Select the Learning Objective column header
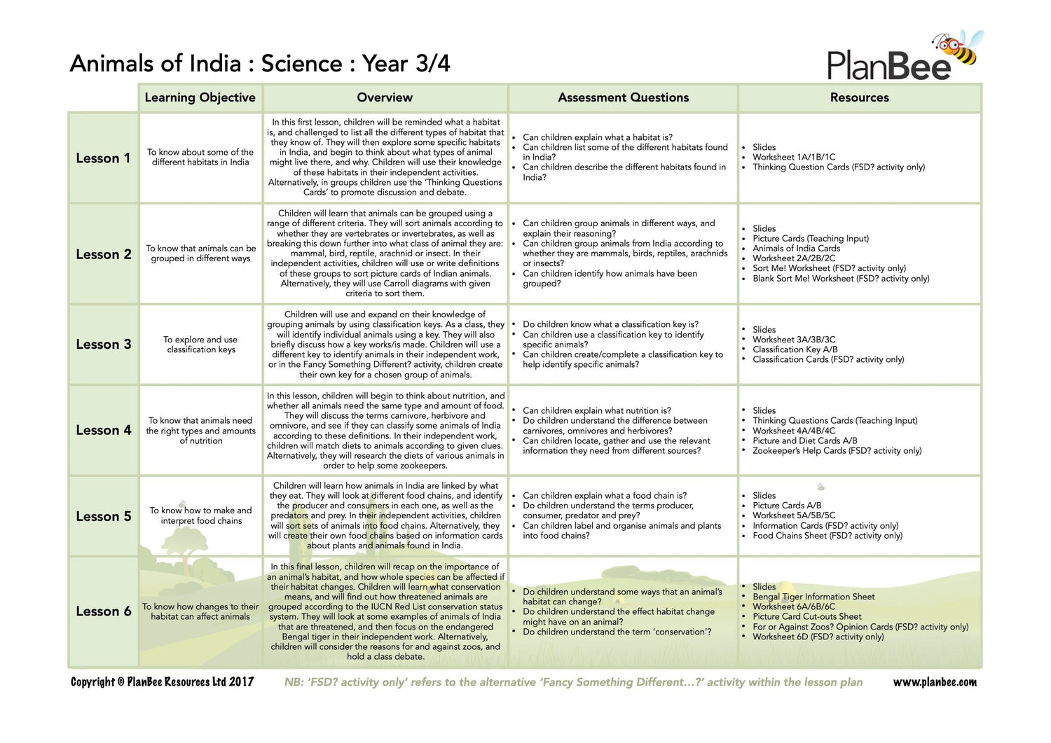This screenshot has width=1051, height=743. click(x=200, y=98)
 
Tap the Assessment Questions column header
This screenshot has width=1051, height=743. click(x=623, y=98)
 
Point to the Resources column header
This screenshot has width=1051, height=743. click(x=859, y=98)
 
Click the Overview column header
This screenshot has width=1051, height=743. click(x=385, y=98)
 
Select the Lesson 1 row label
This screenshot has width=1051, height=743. click(x=103, y=158)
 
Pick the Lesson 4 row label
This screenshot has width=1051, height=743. click(x=103, y=431)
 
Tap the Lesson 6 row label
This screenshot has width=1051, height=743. click(x=103, y=611)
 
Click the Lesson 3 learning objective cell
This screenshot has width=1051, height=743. click(x=201, y=345)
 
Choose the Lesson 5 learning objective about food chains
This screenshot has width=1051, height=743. click(x=201, y=515)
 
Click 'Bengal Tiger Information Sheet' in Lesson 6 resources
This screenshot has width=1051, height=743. click(x=813, y=597)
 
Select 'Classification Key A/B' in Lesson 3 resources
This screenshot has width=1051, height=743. click(x=795, y=349)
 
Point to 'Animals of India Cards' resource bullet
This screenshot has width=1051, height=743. click(x=796, y=248)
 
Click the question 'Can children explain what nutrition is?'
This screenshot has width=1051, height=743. click(x=596, y=410)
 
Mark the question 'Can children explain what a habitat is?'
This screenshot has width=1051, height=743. click(x=597, y=137)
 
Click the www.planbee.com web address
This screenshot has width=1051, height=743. click(x=934, y=682)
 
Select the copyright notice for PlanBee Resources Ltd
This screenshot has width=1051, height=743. click(x=162, y=682)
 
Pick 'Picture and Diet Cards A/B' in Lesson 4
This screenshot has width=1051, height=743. click(x=804, y=440)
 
